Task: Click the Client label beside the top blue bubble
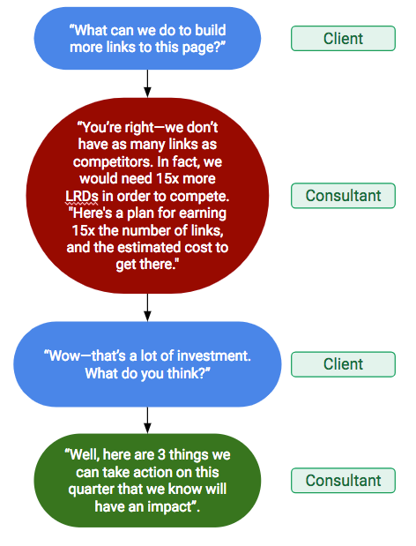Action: [x=343, y=38]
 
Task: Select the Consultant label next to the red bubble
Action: [x=343, y=196]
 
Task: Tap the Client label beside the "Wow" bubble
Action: [x=343, y=364]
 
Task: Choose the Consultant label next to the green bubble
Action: [x=343, y=481]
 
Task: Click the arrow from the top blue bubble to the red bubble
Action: [x=147, y=84]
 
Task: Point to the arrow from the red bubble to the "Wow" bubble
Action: [x=147, y=307]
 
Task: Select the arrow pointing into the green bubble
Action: [x=147, y=420]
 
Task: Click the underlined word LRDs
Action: [x=82, y=196]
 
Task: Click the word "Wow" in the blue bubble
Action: [x=62, y=356]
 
